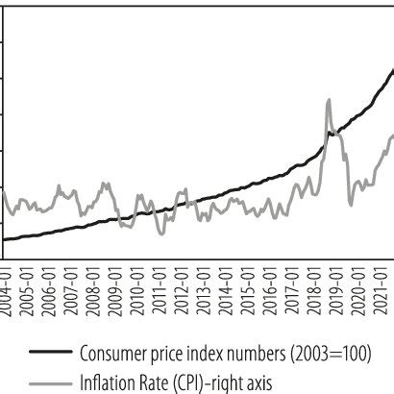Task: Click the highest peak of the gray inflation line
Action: [x=329, y=99]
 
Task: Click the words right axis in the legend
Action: [x=244, y=381]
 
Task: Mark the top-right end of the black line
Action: [x=392, y=68]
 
